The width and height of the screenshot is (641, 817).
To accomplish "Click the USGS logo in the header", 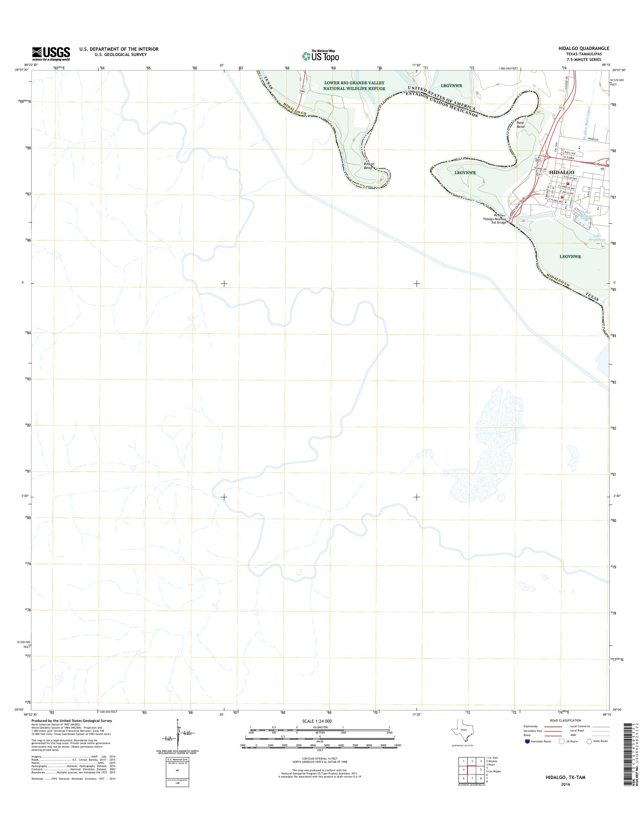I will (x=51, y=54).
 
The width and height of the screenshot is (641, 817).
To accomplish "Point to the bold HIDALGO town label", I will (x=561, y=172).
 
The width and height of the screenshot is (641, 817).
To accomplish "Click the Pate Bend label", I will (x=520, y=125).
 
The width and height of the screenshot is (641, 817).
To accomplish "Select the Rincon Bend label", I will (x=368, y=166).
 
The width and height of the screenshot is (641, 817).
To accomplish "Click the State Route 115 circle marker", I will (x=561, y=108).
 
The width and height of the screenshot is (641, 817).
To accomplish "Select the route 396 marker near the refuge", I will (x=302, y=91).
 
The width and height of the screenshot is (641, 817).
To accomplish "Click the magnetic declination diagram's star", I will (x=178, y=720).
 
